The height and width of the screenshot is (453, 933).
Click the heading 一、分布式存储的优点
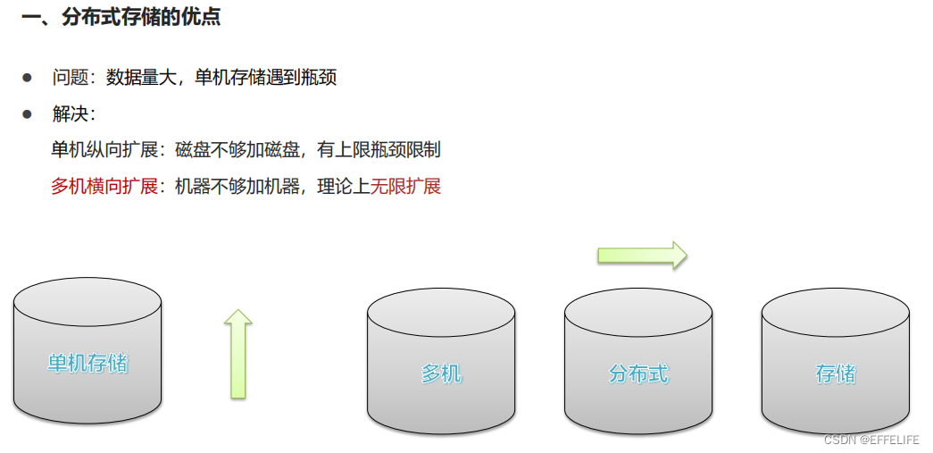121,18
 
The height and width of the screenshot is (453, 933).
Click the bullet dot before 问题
28,78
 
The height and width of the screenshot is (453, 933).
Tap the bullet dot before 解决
28,114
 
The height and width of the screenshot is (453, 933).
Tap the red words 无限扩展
405,187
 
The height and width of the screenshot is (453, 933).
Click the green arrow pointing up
237,354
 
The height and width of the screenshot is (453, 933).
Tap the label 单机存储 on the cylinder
87,364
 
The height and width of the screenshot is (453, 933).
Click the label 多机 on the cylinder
441,373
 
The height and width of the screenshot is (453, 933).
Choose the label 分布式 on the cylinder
638,373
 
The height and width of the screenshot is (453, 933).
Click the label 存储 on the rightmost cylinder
836,373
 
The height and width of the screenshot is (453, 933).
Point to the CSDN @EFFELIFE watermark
871,440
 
